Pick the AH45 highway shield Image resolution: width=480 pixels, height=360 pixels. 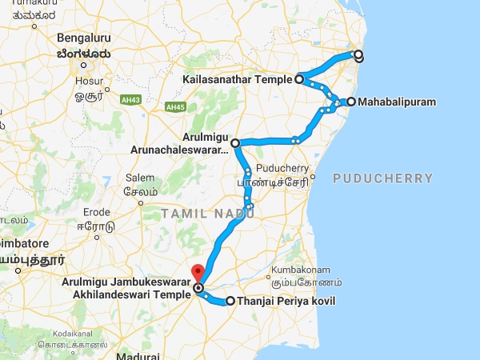tap(174, 106)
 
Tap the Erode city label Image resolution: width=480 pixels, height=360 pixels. tap(99, 212)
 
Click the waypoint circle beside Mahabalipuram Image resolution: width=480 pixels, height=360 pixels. tap(350, 102)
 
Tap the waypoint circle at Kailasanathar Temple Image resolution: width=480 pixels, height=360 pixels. tap(298, 79)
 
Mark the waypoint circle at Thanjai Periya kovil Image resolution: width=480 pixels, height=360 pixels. tap(230, 302)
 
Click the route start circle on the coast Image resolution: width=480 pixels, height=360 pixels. tap(358, 55)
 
